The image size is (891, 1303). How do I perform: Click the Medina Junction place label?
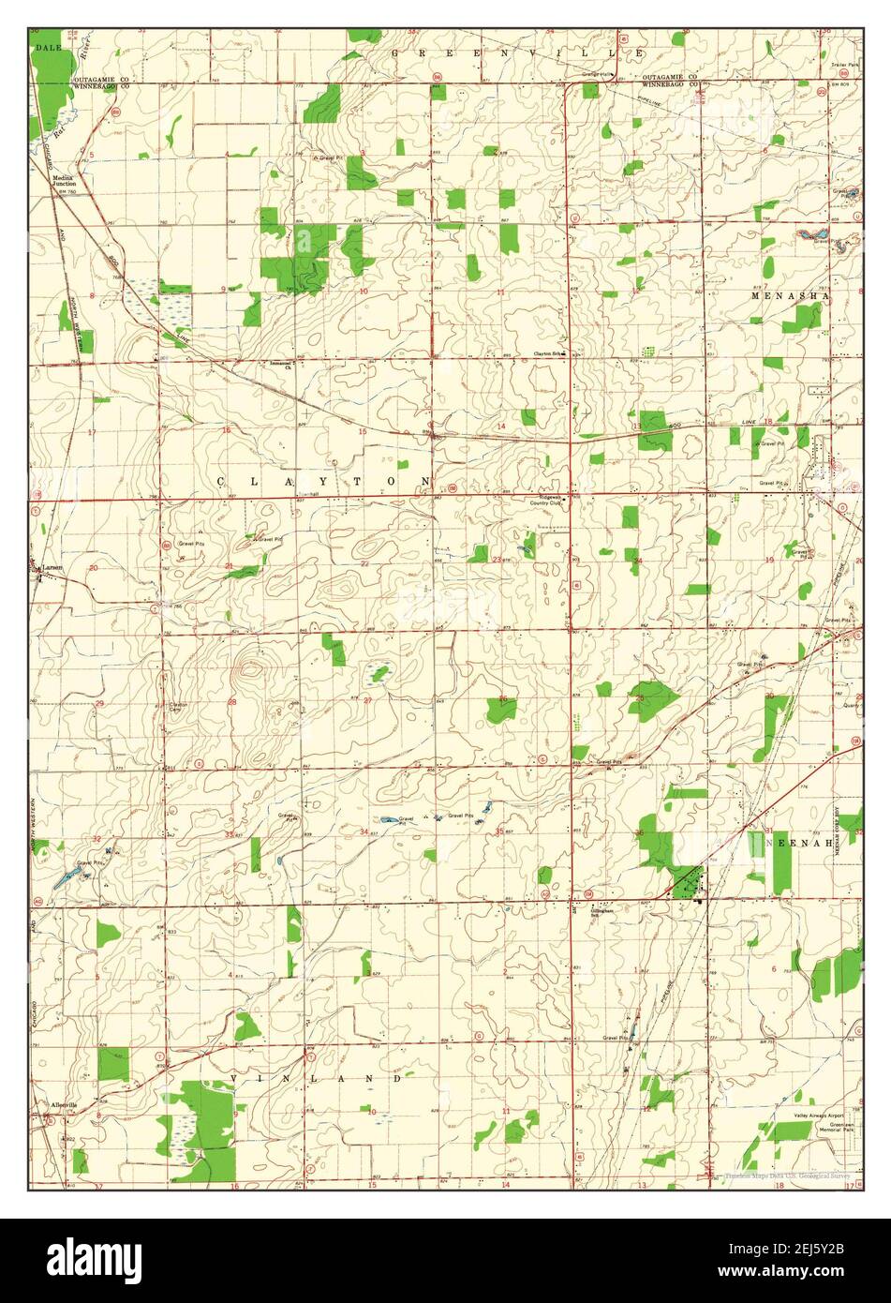click(63, 180)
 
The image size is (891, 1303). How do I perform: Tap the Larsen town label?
click(50, 567)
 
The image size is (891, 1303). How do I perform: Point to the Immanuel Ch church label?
click(282, 365)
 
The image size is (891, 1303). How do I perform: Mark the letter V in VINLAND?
click(234, 1080)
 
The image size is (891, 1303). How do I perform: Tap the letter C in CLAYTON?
click(221, 481)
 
